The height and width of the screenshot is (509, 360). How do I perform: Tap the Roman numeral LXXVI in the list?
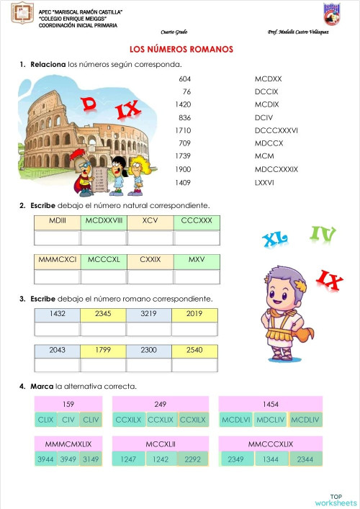(264, 182)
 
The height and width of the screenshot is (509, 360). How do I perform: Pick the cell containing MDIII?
(58, 220)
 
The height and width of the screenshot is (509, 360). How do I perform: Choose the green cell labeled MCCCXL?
(104, 259)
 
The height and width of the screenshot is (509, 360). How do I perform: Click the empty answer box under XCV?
(150, 237)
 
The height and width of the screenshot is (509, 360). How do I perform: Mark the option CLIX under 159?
(45, 419)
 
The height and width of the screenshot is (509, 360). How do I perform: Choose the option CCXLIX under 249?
(161, 419)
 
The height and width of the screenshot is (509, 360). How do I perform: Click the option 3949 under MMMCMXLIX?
(68, 459)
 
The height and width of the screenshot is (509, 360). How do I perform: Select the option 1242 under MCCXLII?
(161, 459)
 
